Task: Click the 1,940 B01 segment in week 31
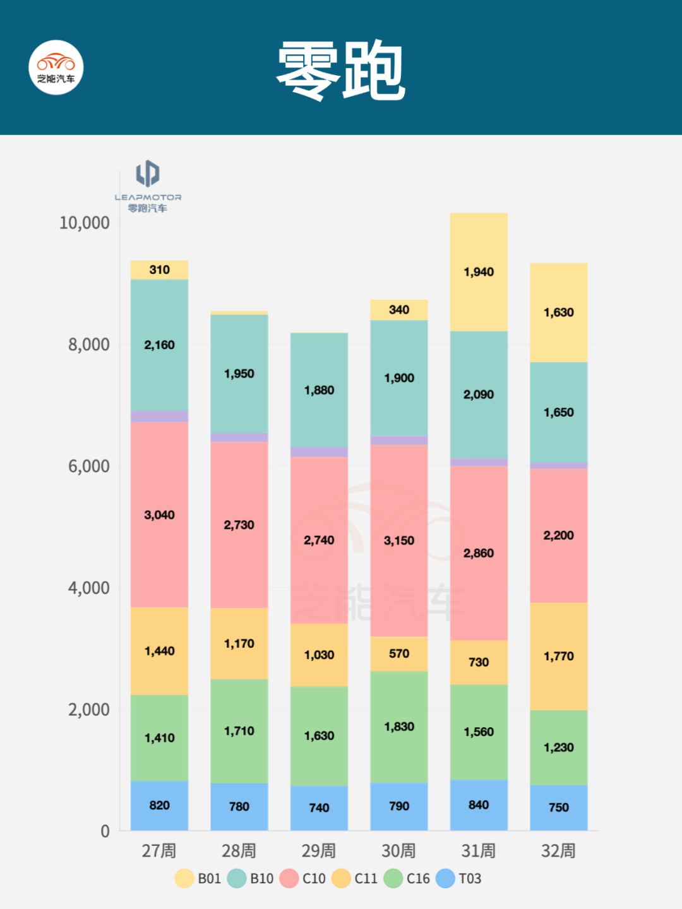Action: point(479,272)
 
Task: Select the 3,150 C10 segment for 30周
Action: point(399,540)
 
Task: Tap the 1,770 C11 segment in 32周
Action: point(559,656)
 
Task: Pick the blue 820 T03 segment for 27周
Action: point(159,805)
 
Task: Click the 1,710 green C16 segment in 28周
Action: point(239,731)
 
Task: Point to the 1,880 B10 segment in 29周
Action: point(319,390)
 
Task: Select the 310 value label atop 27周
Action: point(159,270)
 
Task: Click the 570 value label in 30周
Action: point(399,654)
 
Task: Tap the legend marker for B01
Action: point(184,879)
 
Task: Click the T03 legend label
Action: point(470,879)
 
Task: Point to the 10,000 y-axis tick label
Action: point(84,223)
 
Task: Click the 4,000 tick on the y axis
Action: point(88,588)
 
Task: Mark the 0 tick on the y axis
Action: point(105,831)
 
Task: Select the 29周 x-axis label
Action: point(319,851)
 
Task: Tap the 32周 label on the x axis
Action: point(559,851)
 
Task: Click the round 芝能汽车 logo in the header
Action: point(56,68)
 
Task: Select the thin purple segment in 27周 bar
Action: point(159,417)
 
